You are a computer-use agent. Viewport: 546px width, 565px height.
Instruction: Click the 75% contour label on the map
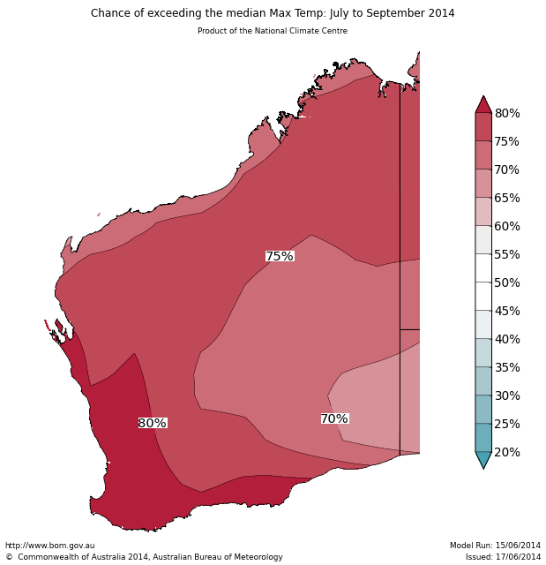(x=280, y=256)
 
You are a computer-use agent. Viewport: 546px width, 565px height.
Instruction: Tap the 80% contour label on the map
(x=153, y=424)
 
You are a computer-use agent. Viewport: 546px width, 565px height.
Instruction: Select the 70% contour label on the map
(x=334, y=418)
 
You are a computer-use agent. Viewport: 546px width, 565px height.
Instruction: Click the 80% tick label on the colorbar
(x=507, y=113)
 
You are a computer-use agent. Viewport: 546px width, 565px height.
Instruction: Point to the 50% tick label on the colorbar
(x=507, y=282)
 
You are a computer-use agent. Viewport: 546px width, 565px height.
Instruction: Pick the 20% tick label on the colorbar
(x=507, y=452)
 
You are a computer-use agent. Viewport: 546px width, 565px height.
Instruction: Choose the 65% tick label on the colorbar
(x=507, y=198)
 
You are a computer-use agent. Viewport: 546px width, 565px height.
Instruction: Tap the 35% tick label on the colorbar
(x=507, y=367)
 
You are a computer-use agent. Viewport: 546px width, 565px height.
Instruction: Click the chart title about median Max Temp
(x=273, y=13)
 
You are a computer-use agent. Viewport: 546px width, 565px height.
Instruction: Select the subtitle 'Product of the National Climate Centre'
(x=273, y=31)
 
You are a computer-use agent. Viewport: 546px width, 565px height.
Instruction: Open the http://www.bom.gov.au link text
(x=50, y=546)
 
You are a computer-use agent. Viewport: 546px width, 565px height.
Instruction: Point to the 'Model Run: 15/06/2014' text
(x=495, y=546)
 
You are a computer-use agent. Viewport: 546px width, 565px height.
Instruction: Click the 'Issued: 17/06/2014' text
(x=503, y=557)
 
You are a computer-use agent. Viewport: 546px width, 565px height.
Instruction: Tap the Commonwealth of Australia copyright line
(x=144, y=557)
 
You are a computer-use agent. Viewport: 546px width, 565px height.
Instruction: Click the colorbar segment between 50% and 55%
(x=483, y=268)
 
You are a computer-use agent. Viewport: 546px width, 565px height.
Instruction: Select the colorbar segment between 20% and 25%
(x=483, y=438)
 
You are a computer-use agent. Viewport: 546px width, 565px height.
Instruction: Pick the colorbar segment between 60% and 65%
(x=483, y=212)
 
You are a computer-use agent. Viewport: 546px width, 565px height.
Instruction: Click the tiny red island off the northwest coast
(x=99, y=214)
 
